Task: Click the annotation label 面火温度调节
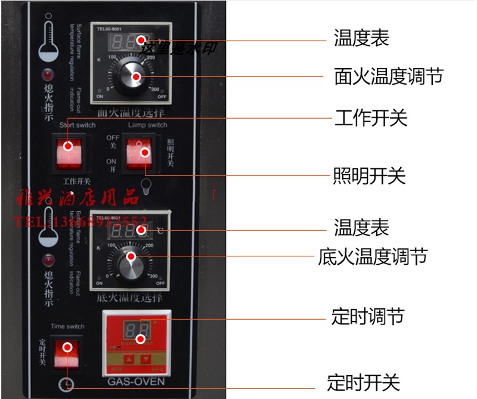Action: click(388, 77)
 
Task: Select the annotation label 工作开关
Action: click(370, 118)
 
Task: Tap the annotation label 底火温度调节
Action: click(373, 257)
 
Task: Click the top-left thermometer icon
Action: click(49, 42)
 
